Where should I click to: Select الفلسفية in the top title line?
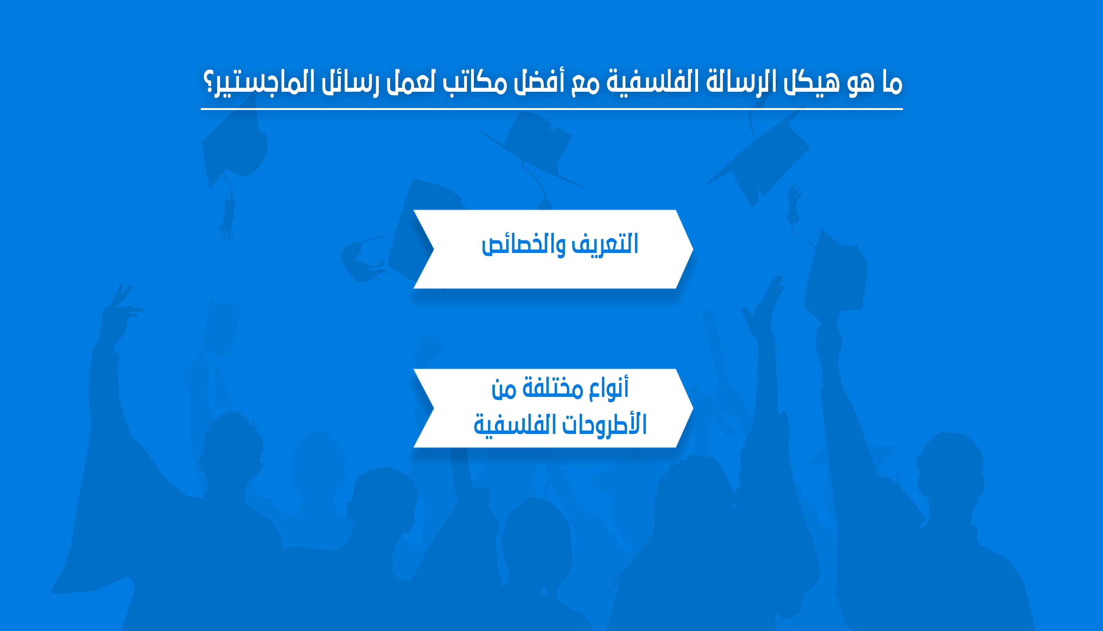point(652,82)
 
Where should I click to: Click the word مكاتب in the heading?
point(475,82)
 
